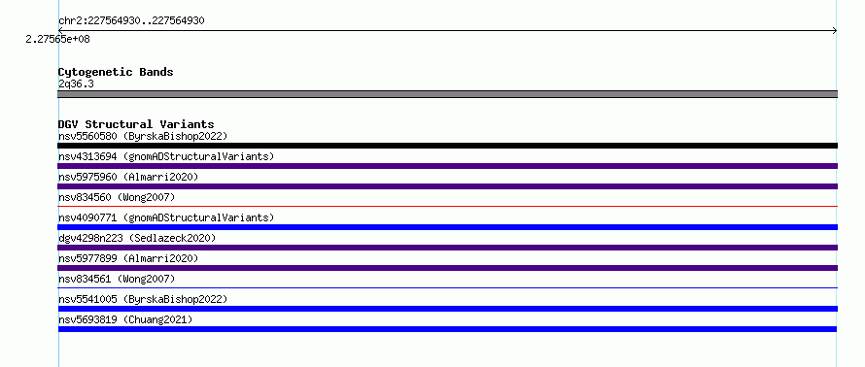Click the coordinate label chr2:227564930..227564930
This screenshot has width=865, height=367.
point(131,21)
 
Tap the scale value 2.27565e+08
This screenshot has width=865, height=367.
point(58,40)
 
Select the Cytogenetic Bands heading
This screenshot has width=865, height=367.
point(116,72)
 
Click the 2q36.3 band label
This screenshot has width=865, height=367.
point(76,84)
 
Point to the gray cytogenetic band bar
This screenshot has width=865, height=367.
point(447,94)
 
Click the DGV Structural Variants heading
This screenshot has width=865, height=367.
point(136,124)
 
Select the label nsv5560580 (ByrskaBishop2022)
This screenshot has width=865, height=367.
point(143,136)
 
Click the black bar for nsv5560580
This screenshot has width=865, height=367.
point(447,146)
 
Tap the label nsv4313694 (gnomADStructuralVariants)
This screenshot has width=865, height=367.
point(166,156)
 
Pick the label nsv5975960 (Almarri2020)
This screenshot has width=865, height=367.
point(128,177)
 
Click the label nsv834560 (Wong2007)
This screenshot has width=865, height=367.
point(117,197)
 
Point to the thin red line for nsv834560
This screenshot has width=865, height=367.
point(447,207)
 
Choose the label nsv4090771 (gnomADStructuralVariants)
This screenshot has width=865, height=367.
point(166,217)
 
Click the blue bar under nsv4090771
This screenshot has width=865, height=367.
point(447,227)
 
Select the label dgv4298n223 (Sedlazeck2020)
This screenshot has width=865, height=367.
point(137,238)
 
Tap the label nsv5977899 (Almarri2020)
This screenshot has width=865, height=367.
point(128,258)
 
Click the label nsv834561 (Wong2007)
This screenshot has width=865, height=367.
point(117,279)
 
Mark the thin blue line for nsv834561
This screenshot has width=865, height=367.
point(447,287)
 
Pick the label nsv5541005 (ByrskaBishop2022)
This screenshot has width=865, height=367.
point(143,299)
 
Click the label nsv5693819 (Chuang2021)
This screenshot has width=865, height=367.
point(125,319)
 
